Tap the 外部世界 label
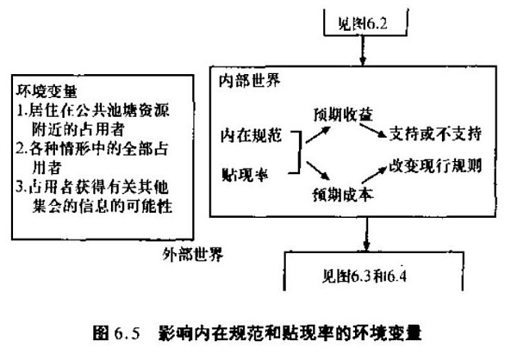pyautogui.click(x=190, y=256)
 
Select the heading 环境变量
pyautogui.click(x=43, y=90)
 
